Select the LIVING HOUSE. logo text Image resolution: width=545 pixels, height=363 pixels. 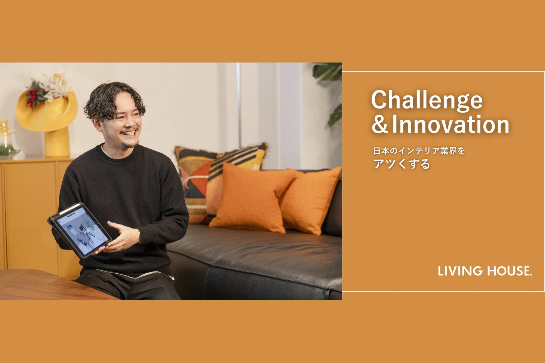coord(485,271)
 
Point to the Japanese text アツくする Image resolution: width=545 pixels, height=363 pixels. coord(402,164)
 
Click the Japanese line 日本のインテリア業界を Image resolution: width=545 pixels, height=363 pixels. coord(419,151)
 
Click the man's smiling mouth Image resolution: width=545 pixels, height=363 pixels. coord(129,133)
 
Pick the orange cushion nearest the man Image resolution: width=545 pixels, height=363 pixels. coord(252,198)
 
